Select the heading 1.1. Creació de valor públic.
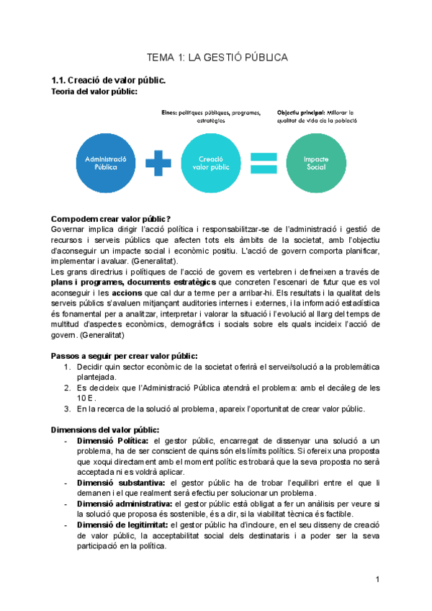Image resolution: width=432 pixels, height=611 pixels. point(108,80)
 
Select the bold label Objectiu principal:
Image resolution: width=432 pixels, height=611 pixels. point(300,113)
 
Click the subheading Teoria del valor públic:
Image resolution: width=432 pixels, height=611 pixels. point(95,92)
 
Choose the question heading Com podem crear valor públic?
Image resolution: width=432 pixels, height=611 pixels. point(111,218)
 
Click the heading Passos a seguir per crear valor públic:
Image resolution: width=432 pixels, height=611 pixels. point(125,356)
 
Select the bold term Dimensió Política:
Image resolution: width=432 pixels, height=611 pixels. point(112,440)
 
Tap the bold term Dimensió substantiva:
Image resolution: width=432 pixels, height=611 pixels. point(120,482)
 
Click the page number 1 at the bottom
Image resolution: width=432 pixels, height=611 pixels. point(377,580)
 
